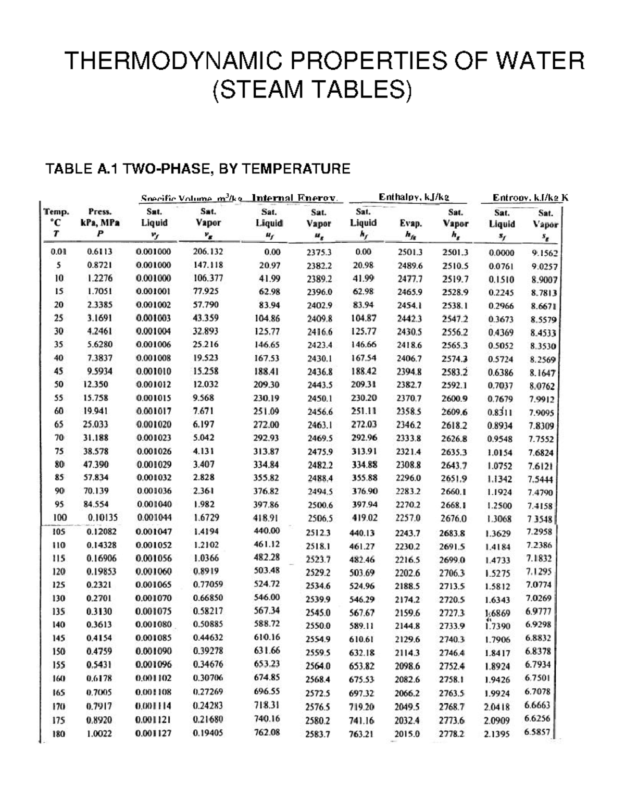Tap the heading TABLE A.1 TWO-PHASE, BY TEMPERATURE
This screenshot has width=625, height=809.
[x=198, y=169]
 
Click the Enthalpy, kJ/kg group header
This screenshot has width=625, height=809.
[x=414, y=197]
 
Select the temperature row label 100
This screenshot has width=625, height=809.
[x=60, y=518]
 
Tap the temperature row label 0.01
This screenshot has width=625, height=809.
[x=57, y=251]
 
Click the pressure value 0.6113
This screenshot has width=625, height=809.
[x=99, y=251]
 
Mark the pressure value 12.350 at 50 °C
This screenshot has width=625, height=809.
[x=96, y=384]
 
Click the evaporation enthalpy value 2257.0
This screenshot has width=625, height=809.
[x=408, y=518]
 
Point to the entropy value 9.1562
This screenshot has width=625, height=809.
[x=544, y=254]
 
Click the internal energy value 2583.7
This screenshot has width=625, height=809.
[x=318, y=734]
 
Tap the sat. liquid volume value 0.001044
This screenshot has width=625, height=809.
[x=154, y=518]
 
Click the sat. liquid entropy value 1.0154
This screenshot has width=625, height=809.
[x=499, y=453]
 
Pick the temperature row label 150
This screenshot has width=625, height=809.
[x=59, y=651]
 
